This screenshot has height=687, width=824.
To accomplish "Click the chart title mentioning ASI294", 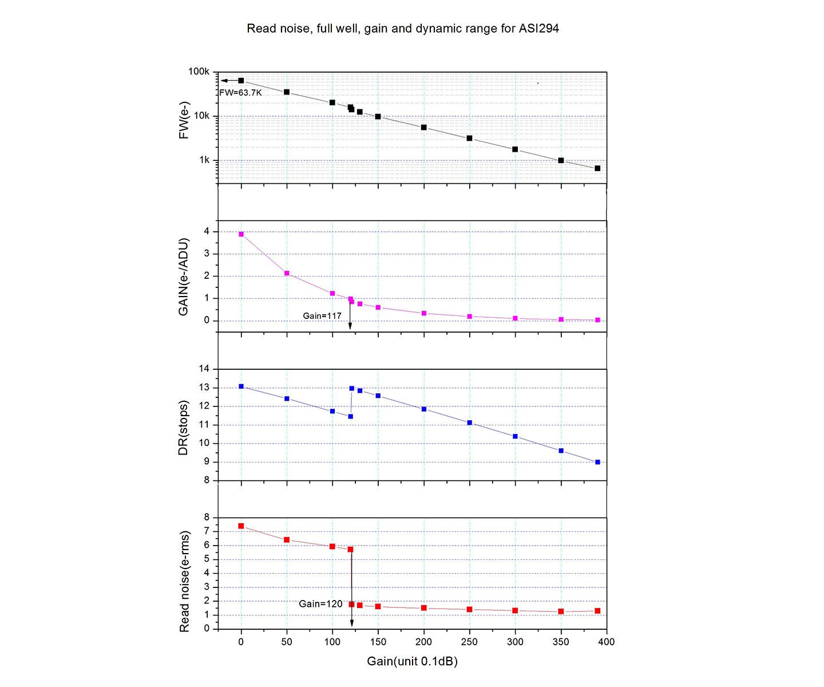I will (x=403, y=28).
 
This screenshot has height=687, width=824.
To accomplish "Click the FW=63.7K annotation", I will (x=240, y=92).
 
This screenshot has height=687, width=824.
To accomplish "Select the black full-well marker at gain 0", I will (x=241, y=81).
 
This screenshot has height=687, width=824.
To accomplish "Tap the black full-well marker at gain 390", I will (x=597, y=168).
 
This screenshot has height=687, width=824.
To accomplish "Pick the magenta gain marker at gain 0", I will (x=241, y=234).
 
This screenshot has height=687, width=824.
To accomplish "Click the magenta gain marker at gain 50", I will (x=287, y=273).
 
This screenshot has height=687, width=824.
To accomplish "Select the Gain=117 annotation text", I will (x=322, y=315).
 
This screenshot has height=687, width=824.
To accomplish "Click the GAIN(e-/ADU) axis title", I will (x=184, y=276).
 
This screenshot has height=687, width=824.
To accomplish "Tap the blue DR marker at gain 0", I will (x=241, y=386).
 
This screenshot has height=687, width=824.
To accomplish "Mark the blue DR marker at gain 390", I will (x=597, y=462).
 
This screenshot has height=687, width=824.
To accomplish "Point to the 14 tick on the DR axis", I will (x=204, y=369).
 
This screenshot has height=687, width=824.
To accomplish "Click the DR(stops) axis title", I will (x=184, y=425).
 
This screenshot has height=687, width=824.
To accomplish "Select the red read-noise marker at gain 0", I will (x=241, y=526).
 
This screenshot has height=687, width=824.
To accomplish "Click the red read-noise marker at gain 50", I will (x=287, y=540).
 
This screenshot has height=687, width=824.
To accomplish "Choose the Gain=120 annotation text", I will (x=320, y=604).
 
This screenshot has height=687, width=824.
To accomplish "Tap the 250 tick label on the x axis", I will (x=469, y=642).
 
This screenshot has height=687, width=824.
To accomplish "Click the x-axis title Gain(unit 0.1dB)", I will (x=412, y=662).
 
